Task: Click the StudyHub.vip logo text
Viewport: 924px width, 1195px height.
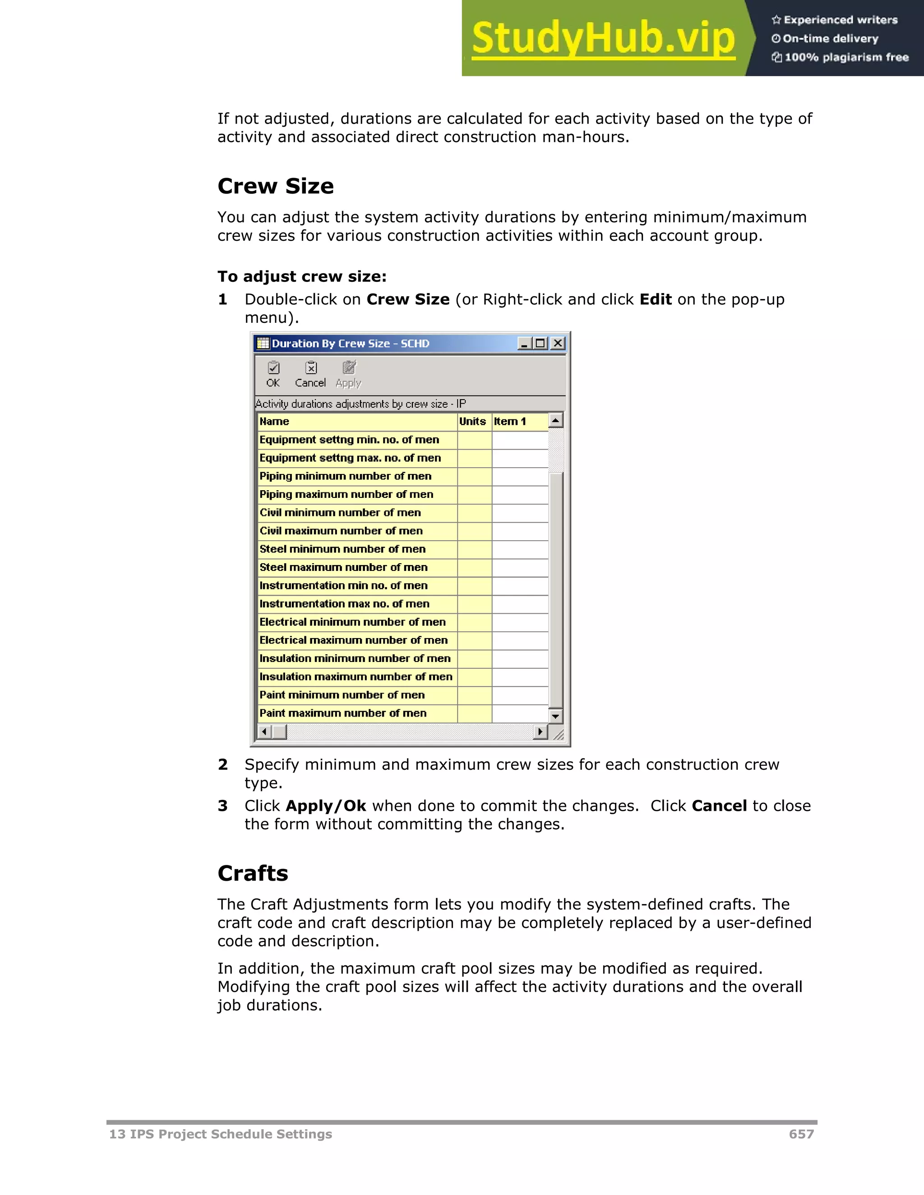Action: tap(603, 38)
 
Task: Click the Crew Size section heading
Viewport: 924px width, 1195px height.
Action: tap(275, 186)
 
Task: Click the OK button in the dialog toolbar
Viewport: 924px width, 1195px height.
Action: tap(273, 374)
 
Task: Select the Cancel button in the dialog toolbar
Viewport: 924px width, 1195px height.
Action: tap(310, 374)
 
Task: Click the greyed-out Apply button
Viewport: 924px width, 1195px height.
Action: tap(349, 374)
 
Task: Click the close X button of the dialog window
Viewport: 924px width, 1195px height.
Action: tap(557, 343)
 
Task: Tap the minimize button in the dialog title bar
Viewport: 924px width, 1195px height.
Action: tap(524, 343)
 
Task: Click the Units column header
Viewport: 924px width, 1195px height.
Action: tap(473, 421)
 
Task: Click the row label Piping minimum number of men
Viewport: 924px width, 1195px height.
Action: tap(346, 476)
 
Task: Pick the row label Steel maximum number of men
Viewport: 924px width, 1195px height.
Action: tap(343, 567)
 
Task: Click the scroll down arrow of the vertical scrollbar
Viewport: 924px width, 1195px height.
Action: tap(555, 716)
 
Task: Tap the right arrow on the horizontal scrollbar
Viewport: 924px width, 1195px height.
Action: tap(540, 731)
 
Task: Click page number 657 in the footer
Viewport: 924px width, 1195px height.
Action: tap(801, 1134)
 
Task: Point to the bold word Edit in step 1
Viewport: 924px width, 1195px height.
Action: tap(655, 299)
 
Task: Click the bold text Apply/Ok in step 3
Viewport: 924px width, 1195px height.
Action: tap(326, 806)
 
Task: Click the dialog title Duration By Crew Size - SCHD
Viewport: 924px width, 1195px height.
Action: tap(350, 344)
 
